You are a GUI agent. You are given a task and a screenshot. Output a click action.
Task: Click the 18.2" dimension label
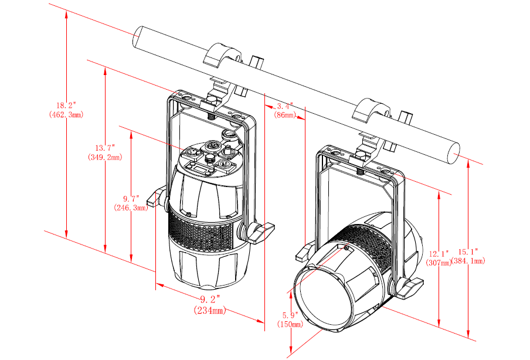pyautogui.click(x=66, y=106)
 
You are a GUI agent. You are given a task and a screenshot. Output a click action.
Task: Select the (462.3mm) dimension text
pyautogui.click(x=66, y=114)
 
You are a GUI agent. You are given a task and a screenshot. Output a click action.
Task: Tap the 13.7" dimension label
pyautogui.click(x=104, y=149)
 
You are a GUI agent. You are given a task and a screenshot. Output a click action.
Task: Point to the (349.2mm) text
pyautogui.click(x=104, y=158)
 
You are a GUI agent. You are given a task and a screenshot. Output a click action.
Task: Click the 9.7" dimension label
pyautogui.click(x=131, y=198)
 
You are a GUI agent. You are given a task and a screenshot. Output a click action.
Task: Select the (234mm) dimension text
pyautogui.click(x=209, y=310)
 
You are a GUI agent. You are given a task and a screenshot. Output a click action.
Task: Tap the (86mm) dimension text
pyautogui.click(x=285, y=116)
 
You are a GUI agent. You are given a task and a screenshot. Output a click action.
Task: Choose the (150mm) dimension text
pyautogui.click(x=289, y=324)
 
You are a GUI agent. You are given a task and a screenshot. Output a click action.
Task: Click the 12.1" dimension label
pyautogui.click(x=437, y=254)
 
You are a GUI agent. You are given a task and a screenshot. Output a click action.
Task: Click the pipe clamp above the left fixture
pyautogui.click(x=222, y=56)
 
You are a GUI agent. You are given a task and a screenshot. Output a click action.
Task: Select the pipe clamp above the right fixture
pyautogui.click(x=372, y=112)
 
